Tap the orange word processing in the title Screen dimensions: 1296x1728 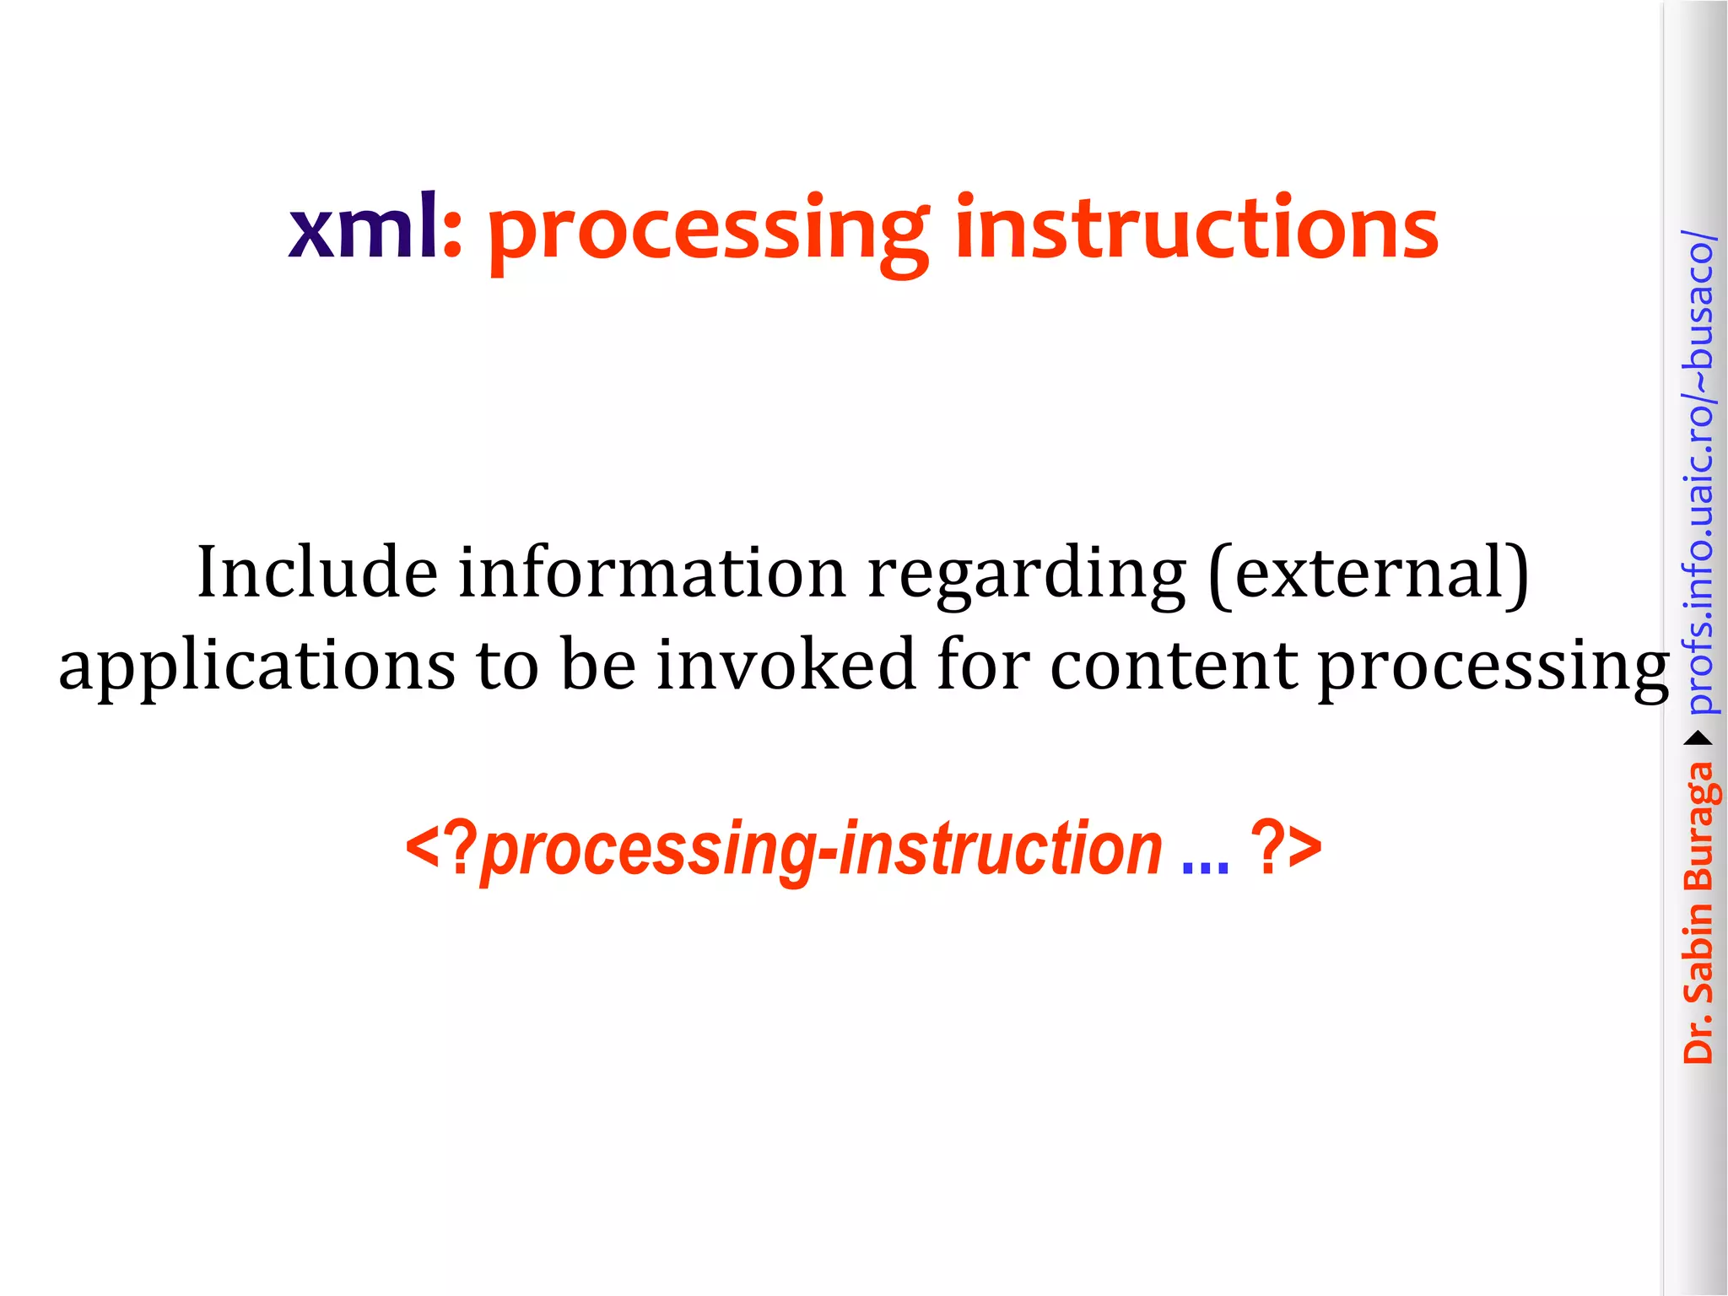[707, 233]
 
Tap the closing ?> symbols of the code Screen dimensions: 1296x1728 [1286, 849]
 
